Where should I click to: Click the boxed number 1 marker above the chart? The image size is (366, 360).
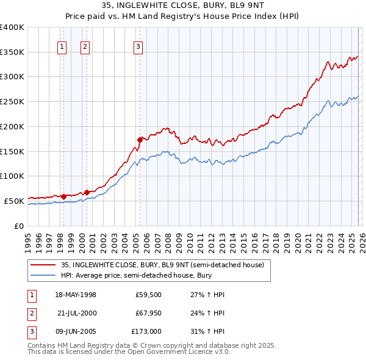[62, 46]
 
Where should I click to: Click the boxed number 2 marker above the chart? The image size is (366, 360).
[85, 46]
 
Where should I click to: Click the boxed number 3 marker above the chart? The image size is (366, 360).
[138, 46]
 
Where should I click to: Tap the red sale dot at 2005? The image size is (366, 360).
[140, 140]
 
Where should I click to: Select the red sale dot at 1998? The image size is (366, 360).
[63, 196]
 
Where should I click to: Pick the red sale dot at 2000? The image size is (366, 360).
[87, 192]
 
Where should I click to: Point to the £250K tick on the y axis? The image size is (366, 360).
[12, 101]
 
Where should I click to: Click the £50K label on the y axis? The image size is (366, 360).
[14, 201]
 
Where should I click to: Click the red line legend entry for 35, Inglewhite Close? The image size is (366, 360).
[162, 265]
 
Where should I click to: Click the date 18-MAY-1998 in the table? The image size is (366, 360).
[76, 295]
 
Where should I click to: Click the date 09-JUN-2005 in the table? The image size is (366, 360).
[76, 331]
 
